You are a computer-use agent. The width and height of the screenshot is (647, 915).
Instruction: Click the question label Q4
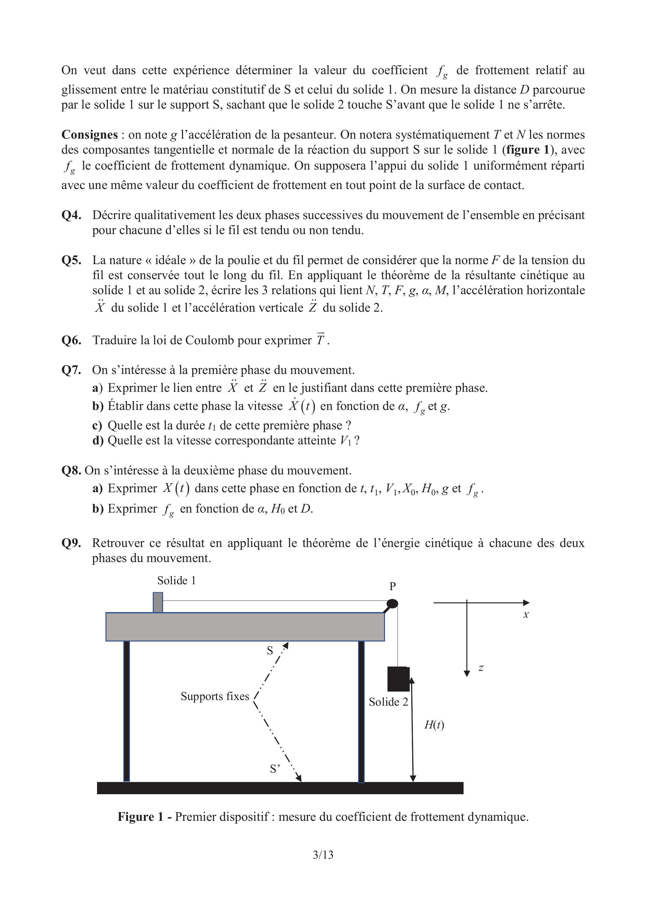71,215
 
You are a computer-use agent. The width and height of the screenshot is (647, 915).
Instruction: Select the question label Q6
71,340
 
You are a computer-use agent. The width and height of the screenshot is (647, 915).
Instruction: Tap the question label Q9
71,543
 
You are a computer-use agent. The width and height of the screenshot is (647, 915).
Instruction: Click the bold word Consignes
89,135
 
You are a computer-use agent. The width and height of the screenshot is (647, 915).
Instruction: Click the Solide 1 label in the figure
176,581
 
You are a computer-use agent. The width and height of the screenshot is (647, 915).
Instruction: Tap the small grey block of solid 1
158,602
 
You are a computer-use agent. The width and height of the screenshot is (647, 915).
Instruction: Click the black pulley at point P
392,603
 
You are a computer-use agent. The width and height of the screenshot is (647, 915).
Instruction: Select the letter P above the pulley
393,586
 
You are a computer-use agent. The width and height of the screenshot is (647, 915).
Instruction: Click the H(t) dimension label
434,725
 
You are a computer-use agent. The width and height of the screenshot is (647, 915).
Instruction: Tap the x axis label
526,615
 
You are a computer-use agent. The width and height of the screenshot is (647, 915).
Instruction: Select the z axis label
481,668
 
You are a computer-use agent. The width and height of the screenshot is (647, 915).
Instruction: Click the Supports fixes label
214,696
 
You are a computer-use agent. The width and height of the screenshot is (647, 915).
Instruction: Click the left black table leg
126,711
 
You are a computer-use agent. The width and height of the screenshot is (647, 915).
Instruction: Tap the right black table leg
361,711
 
